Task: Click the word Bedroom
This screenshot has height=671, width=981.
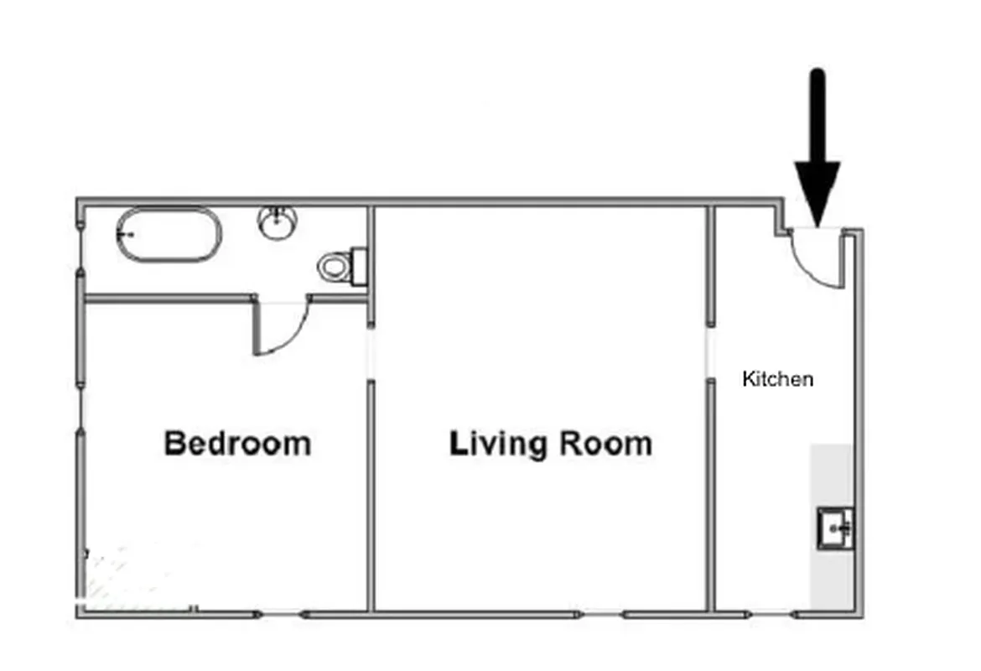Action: point(237,443)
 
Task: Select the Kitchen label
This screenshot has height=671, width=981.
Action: point(777,379)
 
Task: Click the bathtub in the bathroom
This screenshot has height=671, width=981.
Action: point(169,235)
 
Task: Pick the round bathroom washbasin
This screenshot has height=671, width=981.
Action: point(278,223)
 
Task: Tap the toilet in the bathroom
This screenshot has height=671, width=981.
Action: point(335,267)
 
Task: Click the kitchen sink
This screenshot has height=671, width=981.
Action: point(835,528)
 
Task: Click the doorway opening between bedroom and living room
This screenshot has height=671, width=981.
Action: point(370,353)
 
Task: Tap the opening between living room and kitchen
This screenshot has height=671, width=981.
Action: point(710,352)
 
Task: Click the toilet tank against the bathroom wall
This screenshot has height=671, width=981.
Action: point(360,265)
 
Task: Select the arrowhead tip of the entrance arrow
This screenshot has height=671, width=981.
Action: point(817,221)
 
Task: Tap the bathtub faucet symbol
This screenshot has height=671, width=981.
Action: point(127,235)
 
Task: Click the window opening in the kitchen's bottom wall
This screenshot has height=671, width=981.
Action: point(772,614)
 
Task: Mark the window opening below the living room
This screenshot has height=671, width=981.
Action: point(601,614)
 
